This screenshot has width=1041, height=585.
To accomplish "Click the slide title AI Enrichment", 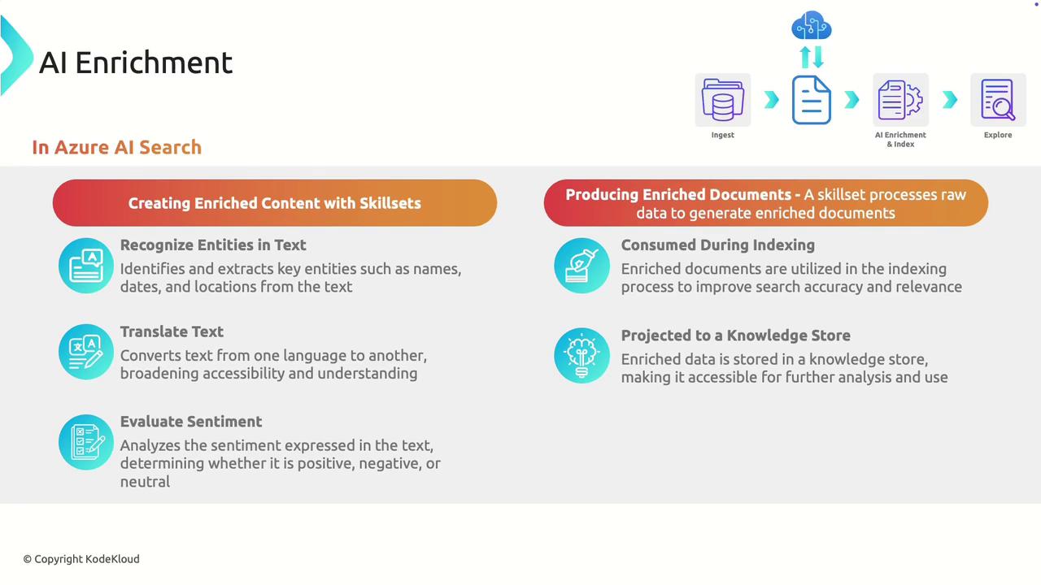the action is (135, 63).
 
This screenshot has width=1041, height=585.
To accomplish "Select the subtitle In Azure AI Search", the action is (116, 147).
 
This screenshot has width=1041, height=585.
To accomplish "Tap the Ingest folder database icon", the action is (723, 100).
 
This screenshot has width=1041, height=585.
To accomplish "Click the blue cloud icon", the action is (812, 25).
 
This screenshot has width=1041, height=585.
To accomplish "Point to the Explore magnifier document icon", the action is (998, 100).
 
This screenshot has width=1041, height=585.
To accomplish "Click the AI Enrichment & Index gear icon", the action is (900, 100).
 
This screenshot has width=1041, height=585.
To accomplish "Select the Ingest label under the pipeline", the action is (723, 135).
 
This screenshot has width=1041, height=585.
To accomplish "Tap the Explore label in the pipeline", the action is (998, 135).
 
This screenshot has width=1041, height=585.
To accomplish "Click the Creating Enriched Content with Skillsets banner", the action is (275, 203).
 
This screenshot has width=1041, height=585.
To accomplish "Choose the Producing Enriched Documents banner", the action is (766, 203).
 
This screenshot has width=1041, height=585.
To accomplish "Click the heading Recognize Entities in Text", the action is (213, 245).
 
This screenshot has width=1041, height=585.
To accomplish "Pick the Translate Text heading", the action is (172, 331).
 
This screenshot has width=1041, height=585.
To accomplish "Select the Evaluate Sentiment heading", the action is (191, 422).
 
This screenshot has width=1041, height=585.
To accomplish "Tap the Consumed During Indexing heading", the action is (717, 245).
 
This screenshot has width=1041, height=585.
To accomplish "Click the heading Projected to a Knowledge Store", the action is (736, 336).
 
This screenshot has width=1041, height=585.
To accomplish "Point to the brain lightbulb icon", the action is (581, 356).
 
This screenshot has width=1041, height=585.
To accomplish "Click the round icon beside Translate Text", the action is (86, 352).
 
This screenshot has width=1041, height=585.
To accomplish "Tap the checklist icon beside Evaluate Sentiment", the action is (86, 442).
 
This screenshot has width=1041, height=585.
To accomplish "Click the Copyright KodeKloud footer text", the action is (81, 559).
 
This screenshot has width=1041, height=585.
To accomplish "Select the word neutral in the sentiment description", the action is (145, 482).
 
